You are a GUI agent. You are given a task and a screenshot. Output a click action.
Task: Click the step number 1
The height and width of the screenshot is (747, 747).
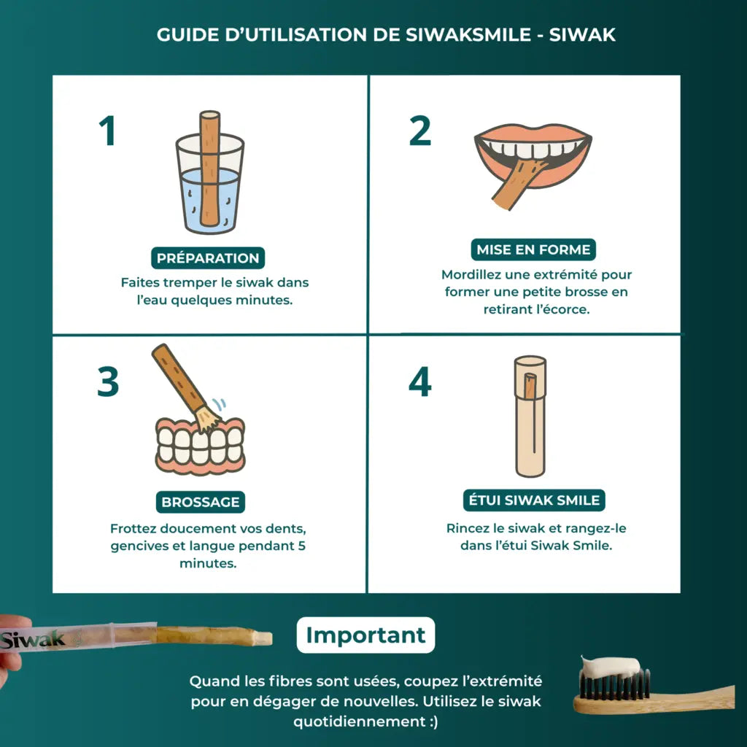pos(108,131)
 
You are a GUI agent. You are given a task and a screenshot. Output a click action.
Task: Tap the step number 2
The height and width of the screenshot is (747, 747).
pos(419,131)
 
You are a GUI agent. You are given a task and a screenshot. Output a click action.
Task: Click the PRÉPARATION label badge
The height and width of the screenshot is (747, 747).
pos(208,258)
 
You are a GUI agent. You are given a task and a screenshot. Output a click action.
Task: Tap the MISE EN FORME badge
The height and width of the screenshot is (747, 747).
pos(533,249)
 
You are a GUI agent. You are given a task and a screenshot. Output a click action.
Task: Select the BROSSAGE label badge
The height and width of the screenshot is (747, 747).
pos(200,502)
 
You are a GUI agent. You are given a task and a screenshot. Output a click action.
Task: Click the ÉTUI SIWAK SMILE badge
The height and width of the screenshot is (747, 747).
pos(534,500)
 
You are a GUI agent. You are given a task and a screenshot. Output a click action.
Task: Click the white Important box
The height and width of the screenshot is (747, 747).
pos(365,635)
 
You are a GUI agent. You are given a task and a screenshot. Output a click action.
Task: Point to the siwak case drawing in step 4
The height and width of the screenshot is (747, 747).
pos(530,416)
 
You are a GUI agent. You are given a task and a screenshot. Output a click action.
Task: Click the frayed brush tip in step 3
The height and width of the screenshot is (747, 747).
pos(209,419)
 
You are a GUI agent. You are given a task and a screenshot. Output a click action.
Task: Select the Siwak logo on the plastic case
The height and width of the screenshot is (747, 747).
pos(32,639)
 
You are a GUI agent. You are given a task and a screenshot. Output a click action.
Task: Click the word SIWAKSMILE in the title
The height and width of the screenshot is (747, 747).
pos(468,35)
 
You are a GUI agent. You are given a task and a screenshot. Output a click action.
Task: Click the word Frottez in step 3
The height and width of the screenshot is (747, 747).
pos(133,528)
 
